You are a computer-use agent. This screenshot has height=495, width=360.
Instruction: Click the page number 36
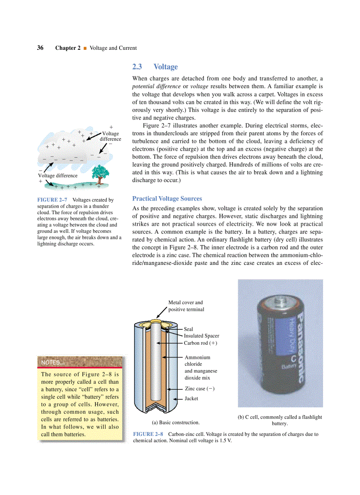click(40, 48)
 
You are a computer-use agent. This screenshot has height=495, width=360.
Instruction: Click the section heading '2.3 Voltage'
click(155, 67)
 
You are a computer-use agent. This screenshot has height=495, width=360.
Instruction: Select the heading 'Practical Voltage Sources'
click(167, 199)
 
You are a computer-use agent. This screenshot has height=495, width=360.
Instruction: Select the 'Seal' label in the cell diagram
click(188, 329)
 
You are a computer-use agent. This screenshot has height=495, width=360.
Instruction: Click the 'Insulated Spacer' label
click(201, 336)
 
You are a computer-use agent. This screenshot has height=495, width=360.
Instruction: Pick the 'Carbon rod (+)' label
click(201, 343)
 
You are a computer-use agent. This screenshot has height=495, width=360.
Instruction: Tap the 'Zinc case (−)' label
click(199, 389)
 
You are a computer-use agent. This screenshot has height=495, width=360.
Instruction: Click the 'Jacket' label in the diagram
click(191, 398)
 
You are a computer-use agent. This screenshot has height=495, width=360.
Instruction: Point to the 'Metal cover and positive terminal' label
click(186, 306)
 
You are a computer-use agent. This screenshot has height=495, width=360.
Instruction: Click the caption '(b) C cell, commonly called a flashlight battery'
click(280, 420)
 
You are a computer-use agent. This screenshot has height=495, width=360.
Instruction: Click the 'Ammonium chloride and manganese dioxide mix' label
click(201, 368)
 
